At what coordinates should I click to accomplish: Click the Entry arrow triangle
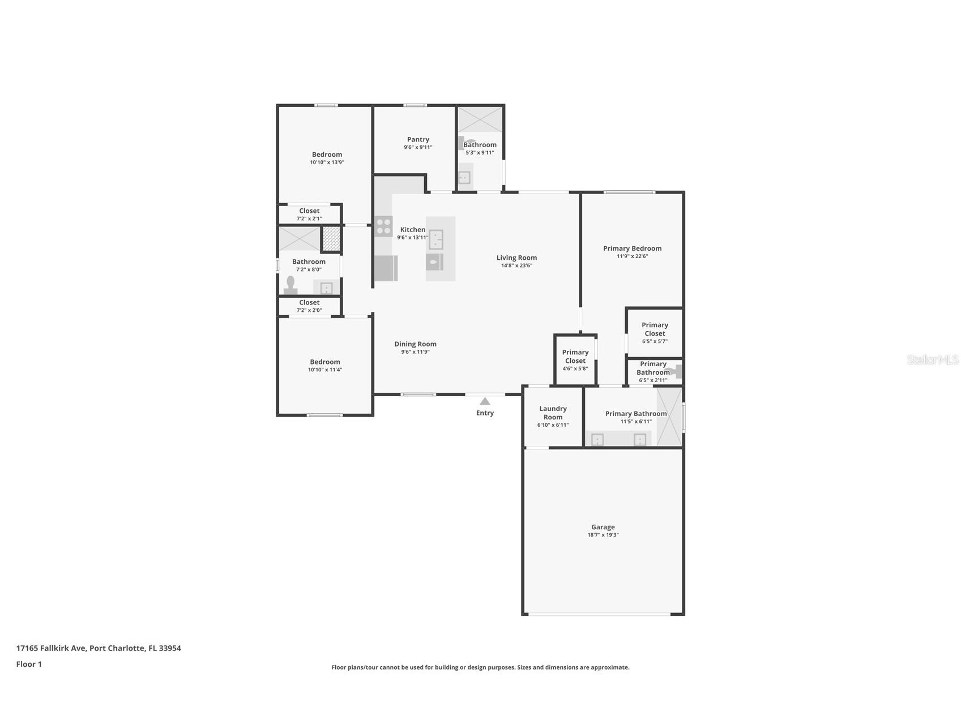click(485, 401)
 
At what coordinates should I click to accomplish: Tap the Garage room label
click(603, 527)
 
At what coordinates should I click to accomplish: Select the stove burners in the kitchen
click(384, 226)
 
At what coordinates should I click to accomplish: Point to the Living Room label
click(516, 258)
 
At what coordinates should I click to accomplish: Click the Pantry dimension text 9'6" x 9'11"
click(418, 147)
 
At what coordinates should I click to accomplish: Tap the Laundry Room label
click(553, 413)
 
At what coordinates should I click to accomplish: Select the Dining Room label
click(415, 344)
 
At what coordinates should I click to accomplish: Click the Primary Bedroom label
click(632, 248)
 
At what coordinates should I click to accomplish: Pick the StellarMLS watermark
click(933, 359)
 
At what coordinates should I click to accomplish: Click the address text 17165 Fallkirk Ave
click(52, 648)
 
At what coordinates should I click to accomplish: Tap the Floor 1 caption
click(29, 665)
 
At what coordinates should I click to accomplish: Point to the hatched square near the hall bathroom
click(331, 238)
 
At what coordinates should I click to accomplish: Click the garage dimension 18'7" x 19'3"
click(603, 535)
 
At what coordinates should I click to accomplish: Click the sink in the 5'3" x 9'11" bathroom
click(464, 178)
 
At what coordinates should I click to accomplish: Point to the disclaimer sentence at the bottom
click(480, 667)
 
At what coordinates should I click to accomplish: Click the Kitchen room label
click(413, 229)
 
